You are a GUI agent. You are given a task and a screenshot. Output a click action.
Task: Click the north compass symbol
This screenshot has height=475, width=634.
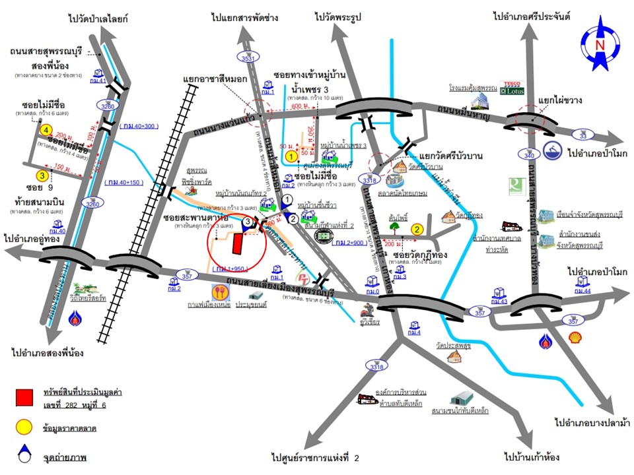point(600,44)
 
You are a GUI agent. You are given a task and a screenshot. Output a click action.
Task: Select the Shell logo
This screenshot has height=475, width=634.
point(576,337)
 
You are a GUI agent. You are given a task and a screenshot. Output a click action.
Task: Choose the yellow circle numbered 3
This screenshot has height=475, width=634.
point(42,176)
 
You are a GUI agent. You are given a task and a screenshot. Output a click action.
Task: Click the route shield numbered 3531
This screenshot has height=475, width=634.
point(248,58)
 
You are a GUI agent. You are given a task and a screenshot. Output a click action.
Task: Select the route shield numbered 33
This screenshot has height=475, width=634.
point(583,135)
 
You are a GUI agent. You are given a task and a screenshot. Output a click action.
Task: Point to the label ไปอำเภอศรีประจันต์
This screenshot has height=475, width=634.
point(531,15)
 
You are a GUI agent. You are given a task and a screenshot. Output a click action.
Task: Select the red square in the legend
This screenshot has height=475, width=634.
point(24,397)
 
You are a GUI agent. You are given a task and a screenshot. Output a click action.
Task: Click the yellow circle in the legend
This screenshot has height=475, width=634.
point(24,428)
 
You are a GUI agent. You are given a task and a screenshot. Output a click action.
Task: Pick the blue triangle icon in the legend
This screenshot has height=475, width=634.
point(24,455)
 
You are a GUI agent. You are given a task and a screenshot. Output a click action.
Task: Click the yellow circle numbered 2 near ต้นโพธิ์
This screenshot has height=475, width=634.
point(417,230)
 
